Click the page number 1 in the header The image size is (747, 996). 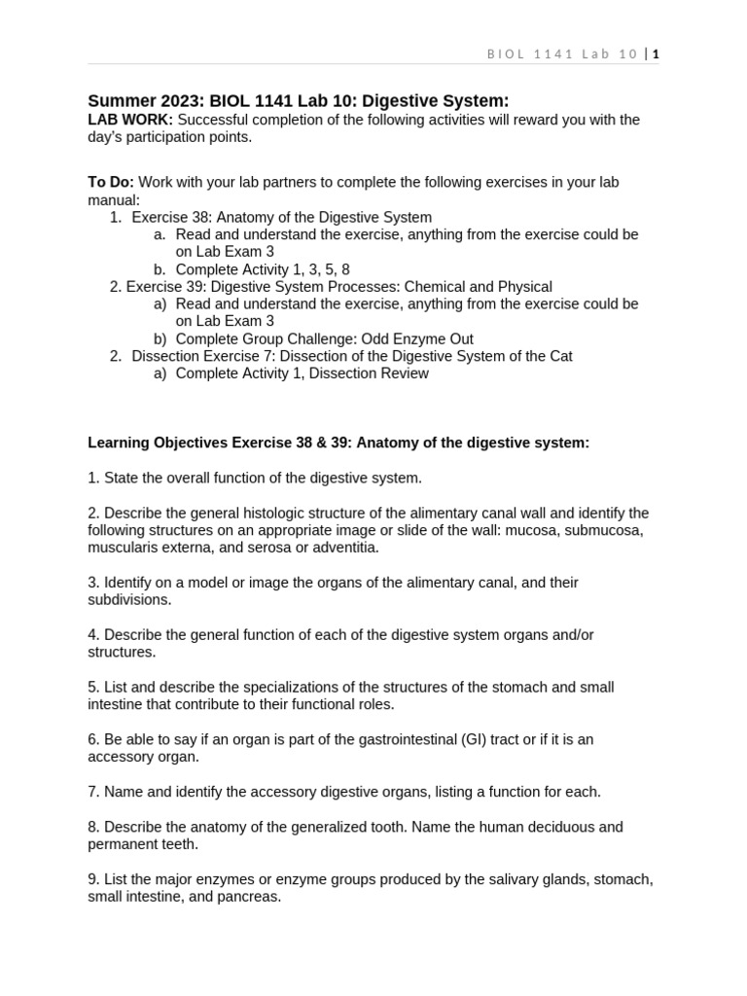click(656, 54)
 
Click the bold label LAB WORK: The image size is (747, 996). click(130, 120)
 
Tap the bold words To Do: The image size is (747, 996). click(111, 182)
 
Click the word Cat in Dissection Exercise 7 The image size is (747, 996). click(559, 356)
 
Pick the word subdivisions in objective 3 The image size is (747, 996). click(129, 600)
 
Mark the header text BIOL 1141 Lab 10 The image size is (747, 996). click(562, 54)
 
